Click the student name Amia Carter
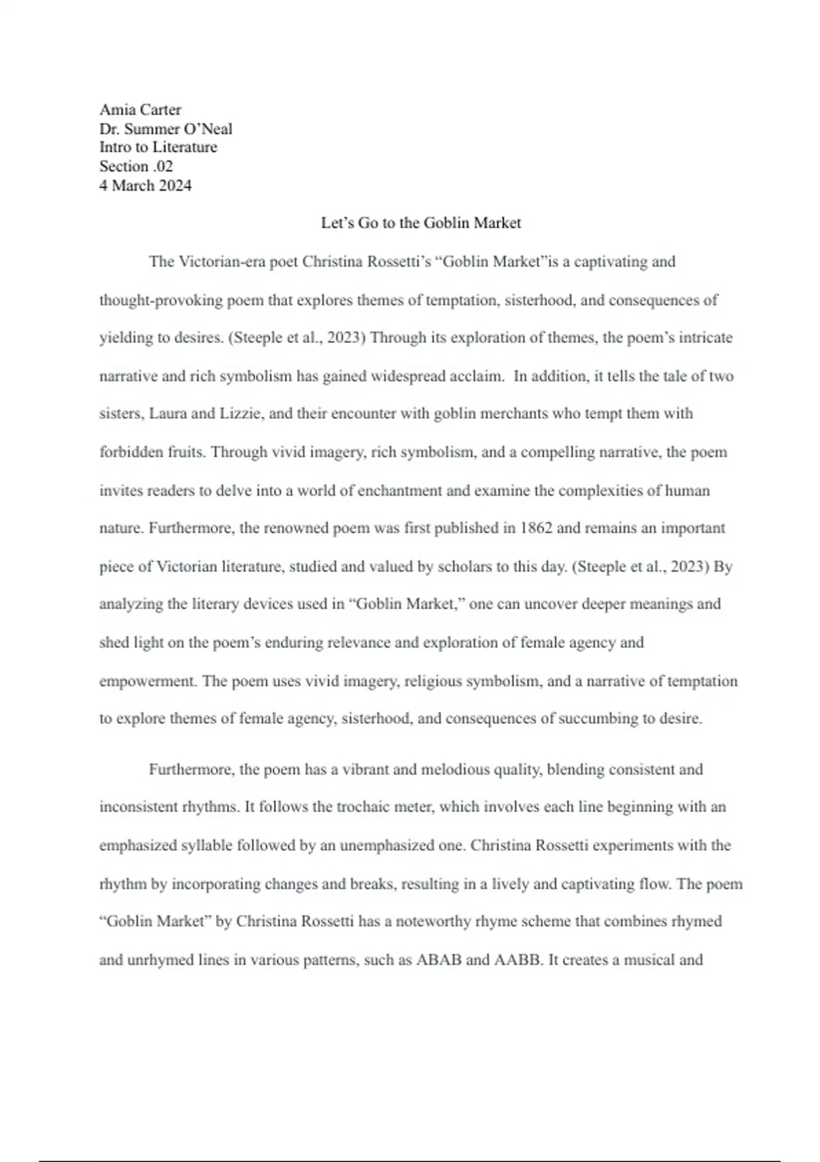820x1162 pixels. tap(140, 109)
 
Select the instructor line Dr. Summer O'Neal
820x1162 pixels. tap(165, 129)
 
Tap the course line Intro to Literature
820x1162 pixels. tap(158, 147)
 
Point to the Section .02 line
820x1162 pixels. tap(136, 166)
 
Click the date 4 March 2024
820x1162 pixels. tap(145, 185)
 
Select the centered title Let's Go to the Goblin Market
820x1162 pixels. tap(421, 223)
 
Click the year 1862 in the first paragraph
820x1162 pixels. tap(536, 528)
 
